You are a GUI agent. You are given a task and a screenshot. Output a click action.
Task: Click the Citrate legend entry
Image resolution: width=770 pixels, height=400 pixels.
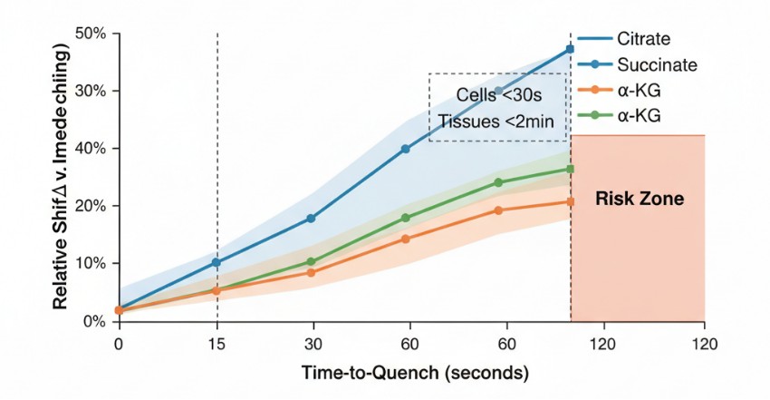pos(643,39)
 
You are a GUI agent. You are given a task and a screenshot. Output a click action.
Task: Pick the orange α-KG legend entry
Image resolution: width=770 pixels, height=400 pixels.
pos(639,90)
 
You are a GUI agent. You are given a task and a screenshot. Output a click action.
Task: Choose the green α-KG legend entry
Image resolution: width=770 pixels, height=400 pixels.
pos(639,115)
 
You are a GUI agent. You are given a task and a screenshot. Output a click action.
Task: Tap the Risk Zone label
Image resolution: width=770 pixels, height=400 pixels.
pos(639,198)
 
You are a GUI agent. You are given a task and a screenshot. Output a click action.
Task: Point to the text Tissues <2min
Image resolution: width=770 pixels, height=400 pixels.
pos(497,121)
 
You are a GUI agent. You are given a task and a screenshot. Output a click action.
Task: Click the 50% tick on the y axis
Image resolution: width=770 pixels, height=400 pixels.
pos(91,34)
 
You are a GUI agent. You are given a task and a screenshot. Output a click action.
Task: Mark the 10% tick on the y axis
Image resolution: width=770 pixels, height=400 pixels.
pos(91,264)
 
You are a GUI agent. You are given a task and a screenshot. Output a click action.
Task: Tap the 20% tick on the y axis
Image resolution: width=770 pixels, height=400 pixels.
pos(91,206)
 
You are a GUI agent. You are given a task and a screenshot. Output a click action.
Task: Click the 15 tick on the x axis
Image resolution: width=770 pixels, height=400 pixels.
pos(217,344)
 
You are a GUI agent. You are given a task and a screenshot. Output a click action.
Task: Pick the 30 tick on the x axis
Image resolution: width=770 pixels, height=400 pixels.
pos(311,344)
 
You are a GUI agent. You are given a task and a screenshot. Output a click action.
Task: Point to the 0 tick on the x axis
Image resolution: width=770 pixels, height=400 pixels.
pos(119,344)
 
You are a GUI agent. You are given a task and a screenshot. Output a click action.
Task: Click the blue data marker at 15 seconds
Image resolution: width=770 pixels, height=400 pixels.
pos(217,262)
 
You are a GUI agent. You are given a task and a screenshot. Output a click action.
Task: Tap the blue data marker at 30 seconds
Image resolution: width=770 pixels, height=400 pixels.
pos(311,219)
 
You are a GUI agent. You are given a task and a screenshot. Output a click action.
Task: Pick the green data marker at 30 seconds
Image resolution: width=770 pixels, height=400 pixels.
pos(311,262)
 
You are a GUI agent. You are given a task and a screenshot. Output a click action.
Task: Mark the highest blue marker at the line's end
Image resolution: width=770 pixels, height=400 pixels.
pos(571,49)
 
